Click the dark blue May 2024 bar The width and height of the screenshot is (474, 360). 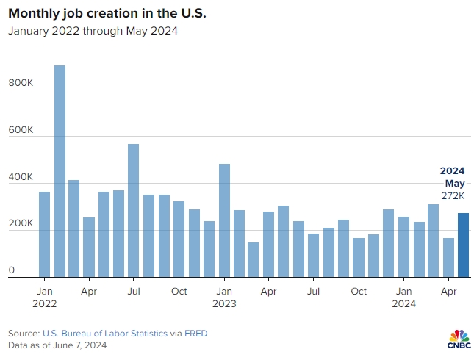(x=463, y=245)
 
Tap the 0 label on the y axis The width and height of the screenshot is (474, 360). (x=12, y=271)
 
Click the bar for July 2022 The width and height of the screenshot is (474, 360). (x=134, y=210)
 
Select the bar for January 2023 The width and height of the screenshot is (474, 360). (x=224, y=220)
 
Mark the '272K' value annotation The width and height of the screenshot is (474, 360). (x=453, y=196)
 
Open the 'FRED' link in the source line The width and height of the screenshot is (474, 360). (x=195, y=334)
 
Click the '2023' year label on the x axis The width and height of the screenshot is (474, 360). (x=223, y=303)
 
